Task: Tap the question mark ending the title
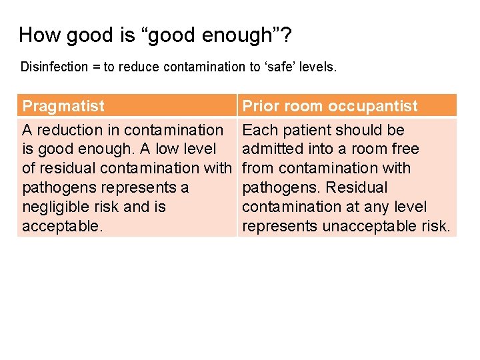(x=285, y=35)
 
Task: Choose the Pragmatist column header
(x=63, y=106)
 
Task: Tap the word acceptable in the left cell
(x=61, y=226)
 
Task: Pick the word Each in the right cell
(x=259, y=130)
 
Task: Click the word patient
(x=302, y=130)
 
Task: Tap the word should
(x=355, y=130)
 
